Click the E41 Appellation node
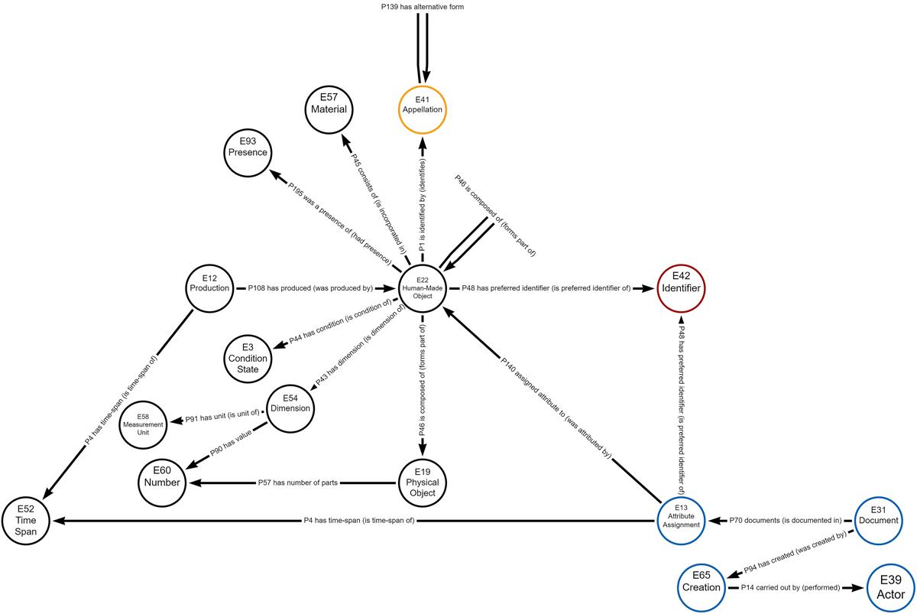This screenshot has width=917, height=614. point(423,105)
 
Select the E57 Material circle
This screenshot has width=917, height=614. point(329,105)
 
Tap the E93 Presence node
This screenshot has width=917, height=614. point(247,147)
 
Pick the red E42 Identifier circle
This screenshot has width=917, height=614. point(681,288)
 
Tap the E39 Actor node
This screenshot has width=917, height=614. point(891,587)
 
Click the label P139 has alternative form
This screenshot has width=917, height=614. point(423,7)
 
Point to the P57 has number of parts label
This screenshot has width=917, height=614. point(298,483)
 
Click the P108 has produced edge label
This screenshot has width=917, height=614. point(310,288)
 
